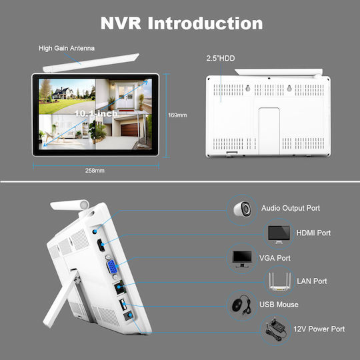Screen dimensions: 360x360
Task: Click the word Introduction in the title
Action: coord(205,23)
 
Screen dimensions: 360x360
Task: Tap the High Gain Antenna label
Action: coord(67,48)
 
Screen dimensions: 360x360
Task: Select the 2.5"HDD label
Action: coord(221,58)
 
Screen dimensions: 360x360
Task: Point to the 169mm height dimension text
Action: coord(177,115)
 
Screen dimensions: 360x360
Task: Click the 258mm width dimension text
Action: coord(95,171)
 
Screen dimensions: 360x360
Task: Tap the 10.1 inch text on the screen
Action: coord(96,113)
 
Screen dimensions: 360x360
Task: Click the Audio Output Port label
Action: coord(291,208)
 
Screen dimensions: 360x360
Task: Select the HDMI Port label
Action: coord(313,233)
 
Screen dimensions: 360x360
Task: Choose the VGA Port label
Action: coord(275,258)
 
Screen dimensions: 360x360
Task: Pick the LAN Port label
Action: coord(312,281)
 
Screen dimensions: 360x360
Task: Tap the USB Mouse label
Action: coord(279,305)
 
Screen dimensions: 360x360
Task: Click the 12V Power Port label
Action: coord(319,329)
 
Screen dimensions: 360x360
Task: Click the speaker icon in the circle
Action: coord(242,209)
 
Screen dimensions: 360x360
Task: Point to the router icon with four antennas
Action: coord(279,281)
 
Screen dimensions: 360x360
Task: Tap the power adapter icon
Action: coord(276,330)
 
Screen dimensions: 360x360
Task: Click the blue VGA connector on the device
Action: coord(112,267)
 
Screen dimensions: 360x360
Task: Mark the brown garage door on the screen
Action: coord(129,130)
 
